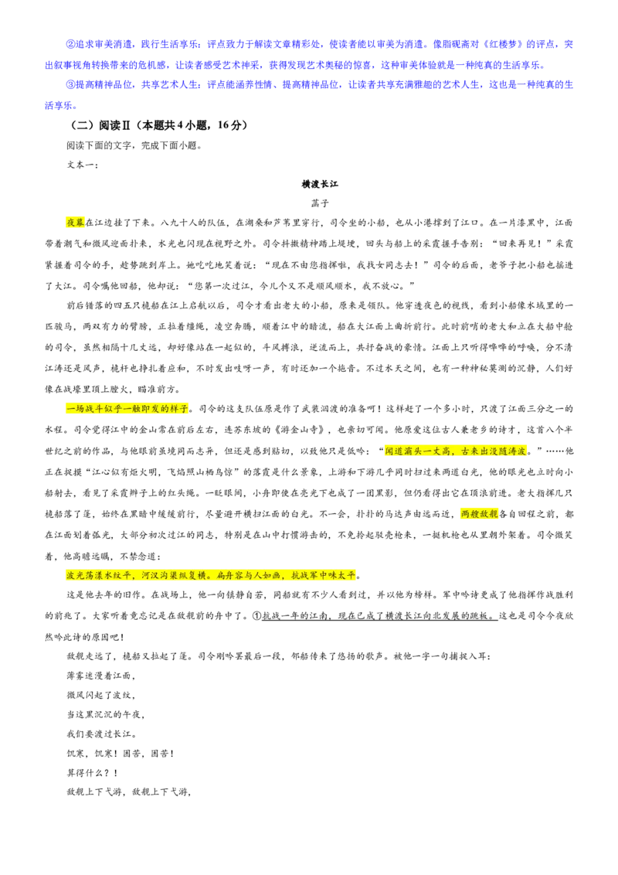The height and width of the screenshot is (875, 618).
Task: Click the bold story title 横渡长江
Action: pos(320,184)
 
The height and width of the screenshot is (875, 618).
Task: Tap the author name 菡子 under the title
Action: pos(320,204)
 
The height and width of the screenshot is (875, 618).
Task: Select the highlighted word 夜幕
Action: pos(75,223)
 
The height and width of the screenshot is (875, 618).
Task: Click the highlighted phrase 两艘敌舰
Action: pos(479,514)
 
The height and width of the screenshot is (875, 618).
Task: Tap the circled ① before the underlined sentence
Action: pos(257,616)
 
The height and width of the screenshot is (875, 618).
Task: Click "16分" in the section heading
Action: pos(229,125)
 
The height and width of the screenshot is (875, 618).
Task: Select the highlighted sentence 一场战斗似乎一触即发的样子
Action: pos(127,409)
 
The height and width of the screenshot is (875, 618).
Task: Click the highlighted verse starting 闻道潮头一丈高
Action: pos(456,451)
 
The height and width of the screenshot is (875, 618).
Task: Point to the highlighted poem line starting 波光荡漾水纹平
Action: pos(211,575)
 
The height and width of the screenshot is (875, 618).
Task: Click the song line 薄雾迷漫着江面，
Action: pos(101,676)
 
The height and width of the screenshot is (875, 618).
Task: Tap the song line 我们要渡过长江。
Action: pos(101,734)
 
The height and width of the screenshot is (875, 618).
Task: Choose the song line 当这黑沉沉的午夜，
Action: pos(106,715)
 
